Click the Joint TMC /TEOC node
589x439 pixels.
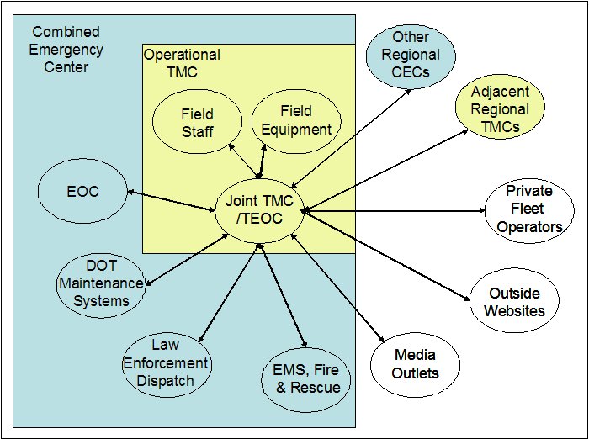pos(260,209)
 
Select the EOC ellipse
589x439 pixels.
pos(82,192)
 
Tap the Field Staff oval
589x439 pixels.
pos(197,122)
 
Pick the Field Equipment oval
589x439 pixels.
pos(294,121)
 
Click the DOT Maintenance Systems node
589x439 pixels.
pos(100,284)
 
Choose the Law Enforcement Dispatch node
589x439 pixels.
pos(167,362)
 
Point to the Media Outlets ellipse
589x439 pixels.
pos(415,362)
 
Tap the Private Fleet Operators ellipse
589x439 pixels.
pos(528,210)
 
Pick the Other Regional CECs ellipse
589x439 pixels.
pos(411,54)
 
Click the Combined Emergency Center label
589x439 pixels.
pos(65,49)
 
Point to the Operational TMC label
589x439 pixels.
pos(182,63)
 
